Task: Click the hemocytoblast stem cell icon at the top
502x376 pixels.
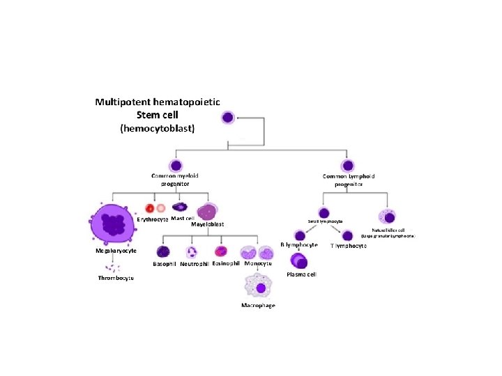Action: [x=228, y=118]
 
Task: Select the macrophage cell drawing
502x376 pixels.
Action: [x=259, y=285]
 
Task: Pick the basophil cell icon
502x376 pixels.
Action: [x=163, y=252]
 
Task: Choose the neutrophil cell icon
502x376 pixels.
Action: [x=191, y=252]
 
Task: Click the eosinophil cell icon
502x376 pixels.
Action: [x=221, y=251]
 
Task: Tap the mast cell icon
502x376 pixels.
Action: [x=181, y=207]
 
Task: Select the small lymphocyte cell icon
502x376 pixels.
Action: [x=324, y=212]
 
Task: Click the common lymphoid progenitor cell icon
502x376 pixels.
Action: [x=348, y=166]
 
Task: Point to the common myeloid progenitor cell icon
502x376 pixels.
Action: [x=174, y=166]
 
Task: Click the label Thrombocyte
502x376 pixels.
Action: [x=116, y=279]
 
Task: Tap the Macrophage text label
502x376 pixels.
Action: [x=258, y=306]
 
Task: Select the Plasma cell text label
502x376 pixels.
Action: [x=302, y=274]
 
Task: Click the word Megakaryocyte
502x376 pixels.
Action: [x=112, y=250]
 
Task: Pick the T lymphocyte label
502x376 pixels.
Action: [x=349, y=246]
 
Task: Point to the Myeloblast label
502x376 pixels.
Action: [x=208, y=224]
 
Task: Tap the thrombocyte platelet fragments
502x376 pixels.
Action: [x=112, y=266]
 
